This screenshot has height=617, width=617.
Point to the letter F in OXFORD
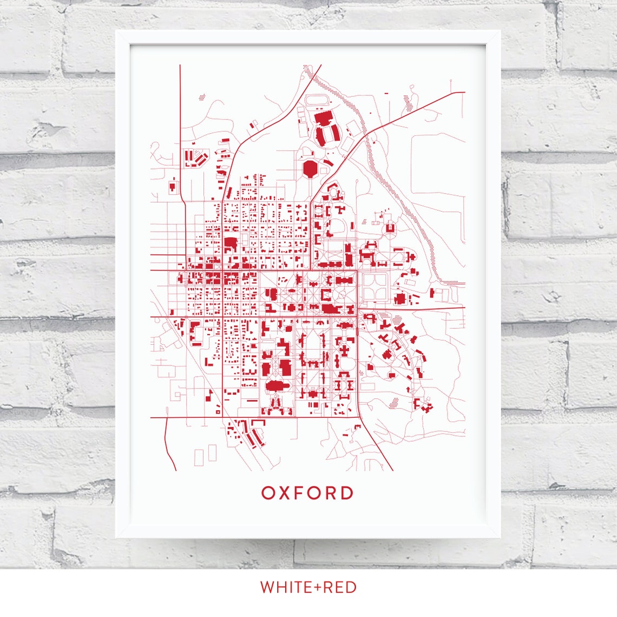(x=301, y=493)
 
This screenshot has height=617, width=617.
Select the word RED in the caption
(x=340, y=587)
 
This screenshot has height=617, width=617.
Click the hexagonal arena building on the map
(x=311, y=168)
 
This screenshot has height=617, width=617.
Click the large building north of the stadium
(x=323, y=118)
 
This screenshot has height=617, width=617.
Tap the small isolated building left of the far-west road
(x=173, y=187)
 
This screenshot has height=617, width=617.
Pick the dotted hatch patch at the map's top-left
(x=202, y=98)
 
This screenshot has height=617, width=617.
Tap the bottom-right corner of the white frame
(x=500, y=537)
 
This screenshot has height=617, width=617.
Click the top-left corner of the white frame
(x=117, y=31)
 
